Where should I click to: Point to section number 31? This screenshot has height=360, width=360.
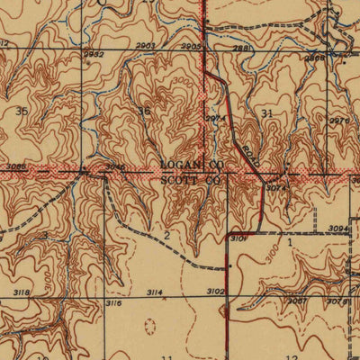coord(266,112)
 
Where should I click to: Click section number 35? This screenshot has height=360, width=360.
coord(21,112)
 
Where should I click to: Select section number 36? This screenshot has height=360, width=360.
coord(144,112)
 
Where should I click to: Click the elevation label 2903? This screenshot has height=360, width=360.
coord(146,45)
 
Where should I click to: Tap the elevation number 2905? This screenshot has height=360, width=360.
coord(190,45)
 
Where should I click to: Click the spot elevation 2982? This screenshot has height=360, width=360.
coord(94,53)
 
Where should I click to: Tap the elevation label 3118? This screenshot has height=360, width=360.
coord(22,292)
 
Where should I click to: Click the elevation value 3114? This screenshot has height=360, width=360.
coord(154,292)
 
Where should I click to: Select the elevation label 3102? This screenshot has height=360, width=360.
coord(214,292)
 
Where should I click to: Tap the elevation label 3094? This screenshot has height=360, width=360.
coord(338,229)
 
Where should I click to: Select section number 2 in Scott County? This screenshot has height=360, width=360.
coord(166,236)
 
